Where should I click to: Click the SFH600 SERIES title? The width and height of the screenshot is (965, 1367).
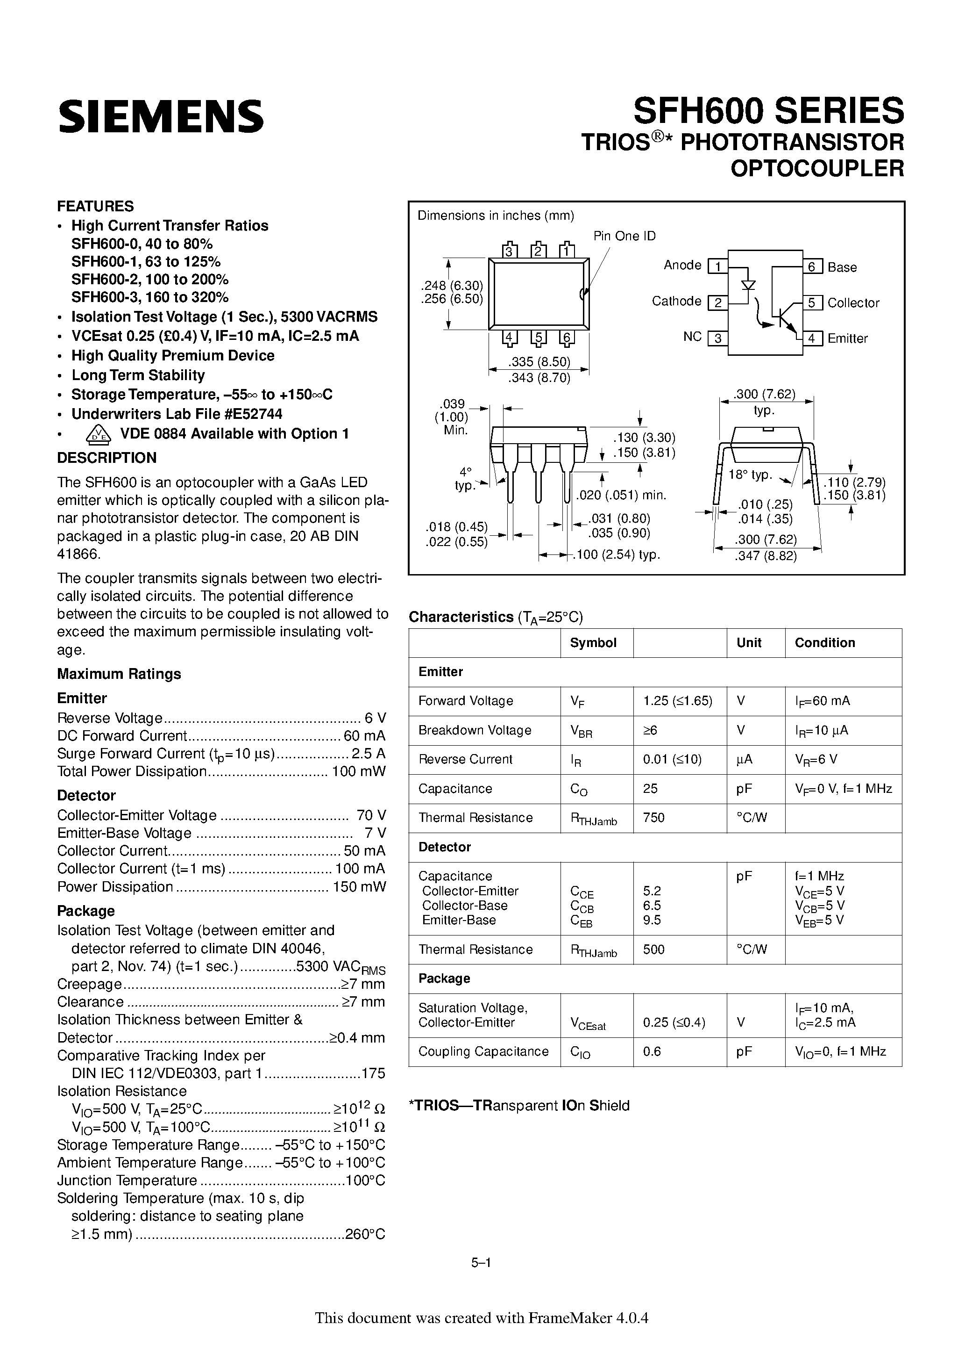click(x=768, y=111)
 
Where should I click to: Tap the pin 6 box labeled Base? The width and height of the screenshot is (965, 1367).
click(x=813, y=267)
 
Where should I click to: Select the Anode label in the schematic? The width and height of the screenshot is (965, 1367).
click(x=682, y=265)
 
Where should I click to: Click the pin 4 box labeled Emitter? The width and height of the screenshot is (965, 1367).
click(x=813, y=338)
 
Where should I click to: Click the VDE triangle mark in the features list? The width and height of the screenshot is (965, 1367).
click(x=98, y=434)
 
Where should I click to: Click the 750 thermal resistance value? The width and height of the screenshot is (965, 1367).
click(x=653, y=818)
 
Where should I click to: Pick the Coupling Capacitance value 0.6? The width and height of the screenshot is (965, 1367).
click(x=652, y=1051)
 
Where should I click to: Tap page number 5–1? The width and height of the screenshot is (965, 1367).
click(x=481, y=1279)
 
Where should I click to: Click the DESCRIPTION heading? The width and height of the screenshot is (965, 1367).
click(x=106, y=457)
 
